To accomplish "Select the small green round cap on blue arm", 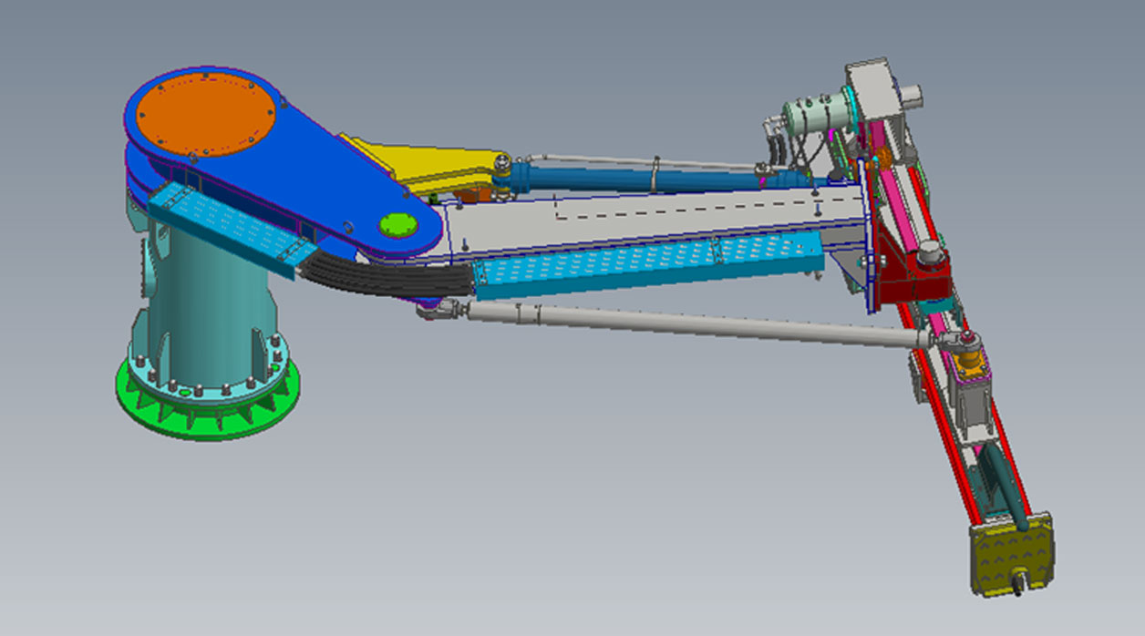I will (x=397, y=224).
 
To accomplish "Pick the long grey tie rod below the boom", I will (x=693, y=323).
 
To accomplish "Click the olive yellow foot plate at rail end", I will (x=1009, y=550).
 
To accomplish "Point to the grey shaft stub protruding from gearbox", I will (x=912, y=94).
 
